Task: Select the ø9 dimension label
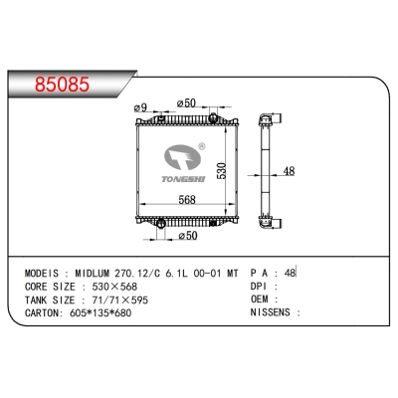click(141, 107)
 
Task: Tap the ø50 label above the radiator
click(185, 103)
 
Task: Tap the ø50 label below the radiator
click(186, 237)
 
